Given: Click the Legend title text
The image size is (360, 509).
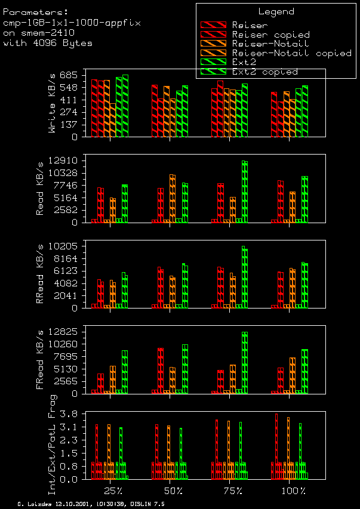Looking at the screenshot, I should [x=276, y=11].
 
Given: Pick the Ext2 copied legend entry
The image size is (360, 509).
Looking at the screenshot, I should [x=264, y=72].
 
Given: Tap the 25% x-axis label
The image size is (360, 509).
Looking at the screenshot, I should [x=113, y=491].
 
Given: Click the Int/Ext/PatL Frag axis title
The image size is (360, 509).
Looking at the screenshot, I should [x=52, y=445].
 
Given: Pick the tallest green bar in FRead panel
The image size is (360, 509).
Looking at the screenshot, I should [x=245, y=362].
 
